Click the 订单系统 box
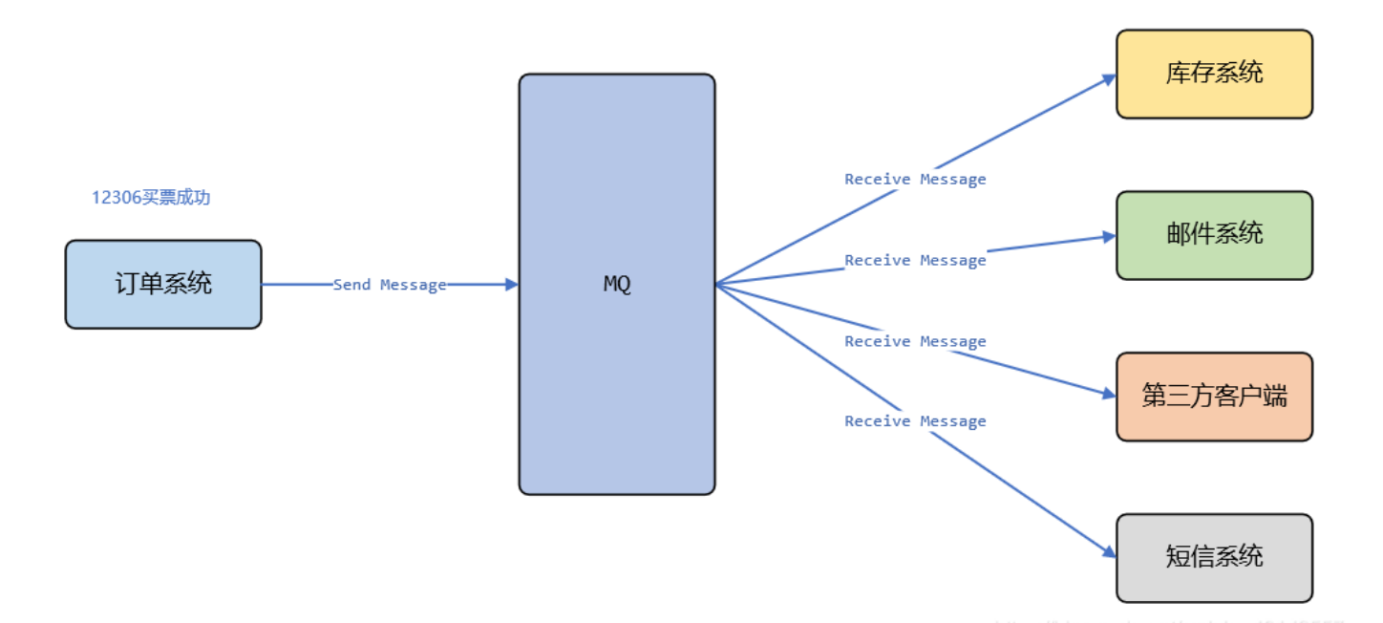point(163,284)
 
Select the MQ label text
point(617,285)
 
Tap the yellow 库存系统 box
point(1214,74)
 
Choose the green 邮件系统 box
point(1214,235)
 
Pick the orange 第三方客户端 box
point(1214,397)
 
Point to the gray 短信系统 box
point(1214,558)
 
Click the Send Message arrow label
point(390,285)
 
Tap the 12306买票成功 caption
point(151,198)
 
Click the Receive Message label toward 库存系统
point(915,180)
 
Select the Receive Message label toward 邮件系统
point(915,261)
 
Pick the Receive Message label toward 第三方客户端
point(915,342)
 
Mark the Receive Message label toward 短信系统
point(915,421)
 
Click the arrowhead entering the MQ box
point(512,284)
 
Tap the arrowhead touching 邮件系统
point(1110,236)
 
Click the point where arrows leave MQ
point(717,284)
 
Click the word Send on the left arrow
point(351,285)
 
